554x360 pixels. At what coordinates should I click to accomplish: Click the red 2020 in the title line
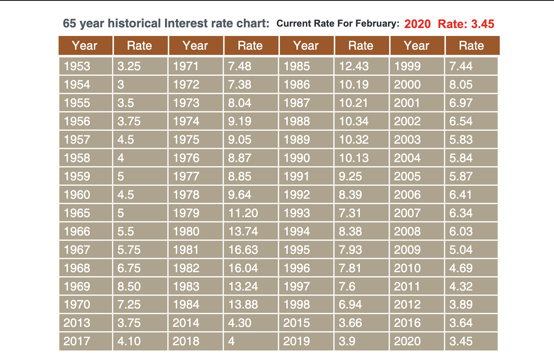click(417, 24)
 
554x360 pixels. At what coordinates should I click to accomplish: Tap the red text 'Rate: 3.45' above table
click(466, 24)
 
